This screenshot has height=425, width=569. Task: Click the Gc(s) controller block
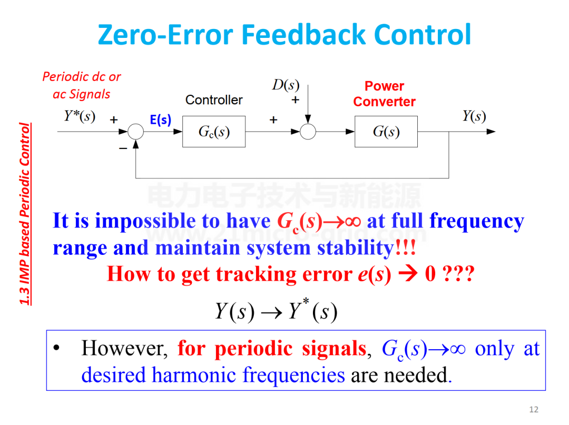[x=214, y=132]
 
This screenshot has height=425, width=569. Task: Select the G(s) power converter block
[x=386, y=132]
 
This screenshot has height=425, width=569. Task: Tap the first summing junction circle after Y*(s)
[x=136, y=132]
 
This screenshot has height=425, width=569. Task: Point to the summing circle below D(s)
[x=308, y=132]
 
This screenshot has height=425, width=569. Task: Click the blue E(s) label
[x=160, y=120]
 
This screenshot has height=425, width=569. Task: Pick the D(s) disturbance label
[x=286, y=85]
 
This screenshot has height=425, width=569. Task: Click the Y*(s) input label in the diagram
[x=80, y=116]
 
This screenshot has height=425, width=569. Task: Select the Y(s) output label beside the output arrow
[x=474, y=116]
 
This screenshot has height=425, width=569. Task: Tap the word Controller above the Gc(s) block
[x=214, y=100]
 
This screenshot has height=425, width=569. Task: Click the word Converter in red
[x=384, y=102]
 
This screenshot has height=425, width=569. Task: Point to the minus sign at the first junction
[x=123, y=148]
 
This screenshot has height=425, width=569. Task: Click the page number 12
[x=534, y=409]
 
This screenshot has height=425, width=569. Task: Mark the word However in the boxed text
[x=124, y=349]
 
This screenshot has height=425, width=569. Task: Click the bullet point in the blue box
[x=56, y=348]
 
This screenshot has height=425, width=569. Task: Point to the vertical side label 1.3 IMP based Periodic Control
[x=25, y=214]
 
